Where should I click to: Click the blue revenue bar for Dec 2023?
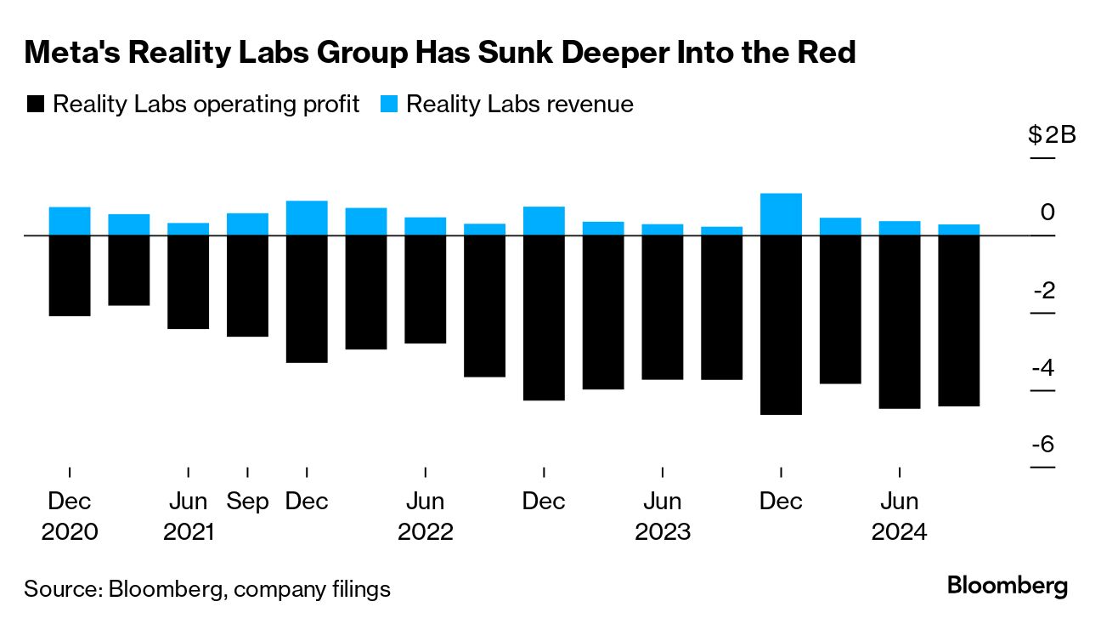point(781,214)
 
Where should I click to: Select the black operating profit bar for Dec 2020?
point(70,275)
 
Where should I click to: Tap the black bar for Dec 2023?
point(781,324)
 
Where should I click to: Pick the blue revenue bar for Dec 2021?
point(307,218)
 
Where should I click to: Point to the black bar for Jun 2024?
point(900,321)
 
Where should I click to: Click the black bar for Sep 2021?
point(247,285)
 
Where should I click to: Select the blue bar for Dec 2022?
point(544,220)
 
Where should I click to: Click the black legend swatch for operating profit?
point(35,105)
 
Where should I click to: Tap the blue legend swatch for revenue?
point(388,105)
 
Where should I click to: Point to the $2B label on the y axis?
point(1052,135)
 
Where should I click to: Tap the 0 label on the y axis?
point(1048,212)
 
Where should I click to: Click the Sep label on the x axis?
point(247,502)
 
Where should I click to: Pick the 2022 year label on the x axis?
point(426,533)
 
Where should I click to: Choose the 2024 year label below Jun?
point(901,533)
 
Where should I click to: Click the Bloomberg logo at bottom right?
point(1008,586)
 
